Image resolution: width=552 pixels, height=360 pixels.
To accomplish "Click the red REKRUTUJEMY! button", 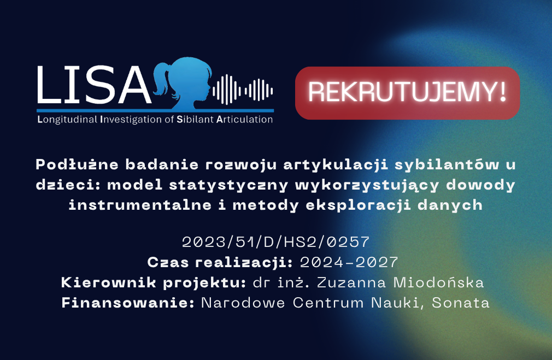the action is pyautogui.click(x=407, y=93).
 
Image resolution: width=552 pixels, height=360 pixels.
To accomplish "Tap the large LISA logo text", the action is pyautogui.click(x=94, y=85).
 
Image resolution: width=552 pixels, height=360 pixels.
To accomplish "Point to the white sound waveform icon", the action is pyautogui.click(x=243, y=90).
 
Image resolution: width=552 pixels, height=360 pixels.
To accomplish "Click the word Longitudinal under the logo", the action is pyautogui.click(x=67, y=120).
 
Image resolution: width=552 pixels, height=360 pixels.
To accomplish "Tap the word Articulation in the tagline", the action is pyautogui.click(x=244, y=119).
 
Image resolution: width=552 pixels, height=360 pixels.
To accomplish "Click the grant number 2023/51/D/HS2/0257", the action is pyautogui.click(x=275, y=242).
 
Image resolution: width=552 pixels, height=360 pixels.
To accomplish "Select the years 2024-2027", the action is pyautogui.click(x=349, y=262).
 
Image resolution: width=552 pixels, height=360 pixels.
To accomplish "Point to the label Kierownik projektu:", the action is pyautogui.click(x=154, y=283).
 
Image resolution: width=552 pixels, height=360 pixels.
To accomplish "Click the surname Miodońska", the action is pyautogui.click(x=438, y=282).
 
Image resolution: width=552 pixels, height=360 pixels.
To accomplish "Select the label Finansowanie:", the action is pyautogui.click(x=128, y=303).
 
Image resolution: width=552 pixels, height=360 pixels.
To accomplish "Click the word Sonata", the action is pyautogui.click(x=461, y=303).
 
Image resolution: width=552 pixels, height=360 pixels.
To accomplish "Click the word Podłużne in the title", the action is pyautogui.click(x=77, y=164).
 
